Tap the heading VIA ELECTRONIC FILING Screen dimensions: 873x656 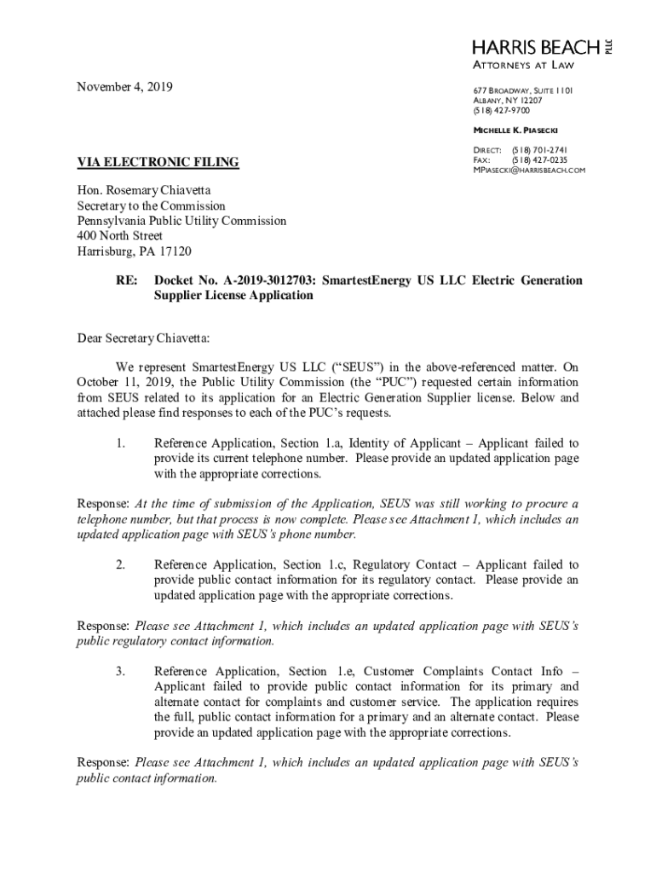[x=158, y=162]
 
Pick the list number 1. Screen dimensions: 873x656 [x=121, y=443]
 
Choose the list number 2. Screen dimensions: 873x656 [x=121, y=564]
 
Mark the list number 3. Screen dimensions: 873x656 [x=121, y=672]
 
